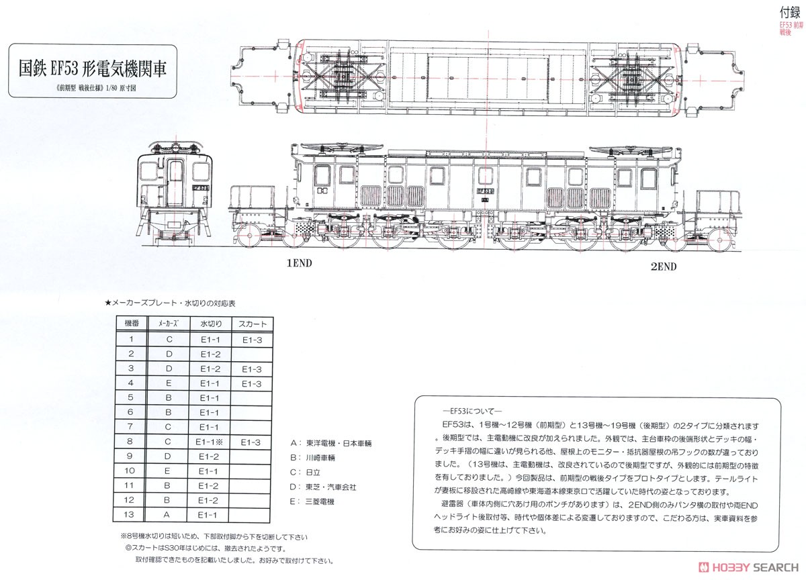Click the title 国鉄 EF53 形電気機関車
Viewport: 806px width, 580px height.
[x=93, y=67]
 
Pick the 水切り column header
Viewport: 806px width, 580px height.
[x=210, y=324]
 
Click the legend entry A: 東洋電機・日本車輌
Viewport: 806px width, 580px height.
[x=330, y=444]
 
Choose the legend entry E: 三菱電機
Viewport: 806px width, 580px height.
[x=312, y=501]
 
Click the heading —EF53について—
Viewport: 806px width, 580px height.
[x=467, y=411]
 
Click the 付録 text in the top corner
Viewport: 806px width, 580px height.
[x=789, y=11]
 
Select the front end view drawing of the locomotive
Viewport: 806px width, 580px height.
[x=174, y=191]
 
